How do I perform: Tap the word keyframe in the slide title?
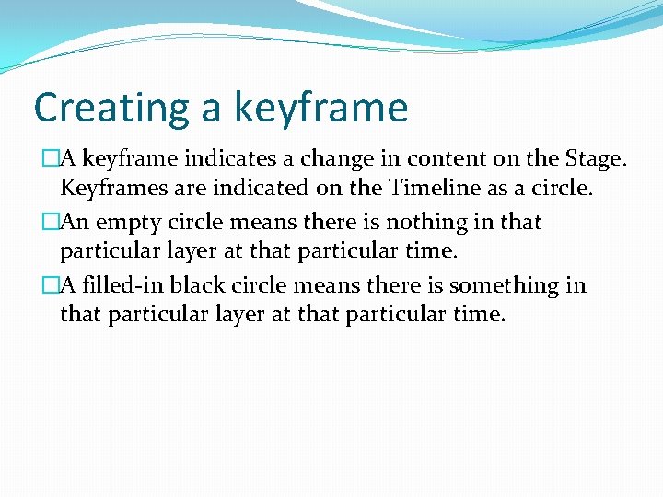[x=320, y=109]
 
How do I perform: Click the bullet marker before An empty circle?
[x=50, y=223]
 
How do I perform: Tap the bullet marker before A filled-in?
[x=50, y=285]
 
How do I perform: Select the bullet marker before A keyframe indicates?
[x=50, y=159]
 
